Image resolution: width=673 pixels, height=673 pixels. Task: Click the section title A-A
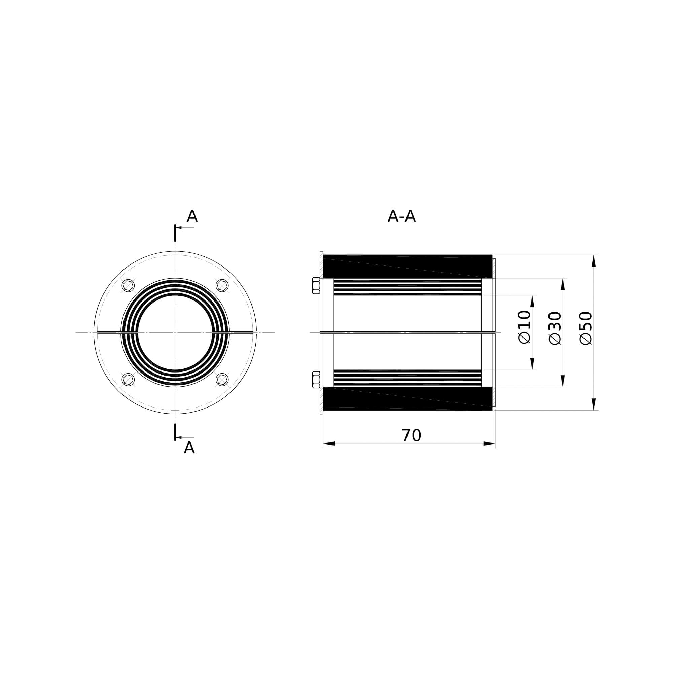click(x=401, y=216)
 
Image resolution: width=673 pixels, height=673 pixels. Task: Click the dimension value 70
click(x=411, y=435)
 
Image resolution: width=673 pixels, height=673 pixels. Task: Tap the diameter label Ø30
click(x=555, y=328)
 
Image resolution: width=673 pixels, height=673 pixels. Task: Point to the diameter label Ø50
click(x=586, y=328)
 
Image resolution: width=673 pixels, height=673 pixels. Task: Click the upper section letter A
click(x=192, y=216)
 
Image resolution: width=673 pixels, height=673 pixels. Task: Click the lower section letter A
click(x=189, y=448)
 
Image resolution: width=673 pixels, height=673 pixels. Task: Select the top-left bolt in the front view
click(x=128, y=285)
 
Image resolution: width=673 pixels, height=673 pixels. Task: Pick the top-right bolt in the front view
click(x=222, y=285)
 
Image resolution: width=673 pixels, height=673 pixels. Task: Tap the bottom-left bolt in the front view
click(x=128, y=379)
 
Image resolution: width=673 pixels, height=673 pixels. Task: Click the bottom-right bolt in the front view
click(x=222, y=379)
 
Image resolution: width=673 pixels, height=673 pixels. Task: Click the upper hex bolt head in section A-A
click(x=316, y=285)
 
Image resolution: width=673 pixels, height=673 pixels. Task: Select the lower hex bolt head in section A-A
click(x=316, y=379)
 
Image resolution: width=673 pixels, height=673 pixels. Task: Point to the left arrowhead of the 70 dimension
click(x=329, y=444)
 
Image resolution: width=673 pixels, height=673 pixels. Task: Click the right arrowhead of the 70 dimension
click(x=489, y=444)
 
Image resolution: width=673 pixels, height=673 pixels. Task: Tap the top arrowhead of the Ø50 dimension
click(x=594, y=261)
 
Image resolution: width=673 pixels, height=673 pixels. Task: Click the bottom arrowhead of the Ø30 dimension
click(x=563, y=381)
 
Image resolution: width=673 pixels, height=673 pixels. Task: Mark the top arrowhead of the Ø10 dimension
click(x=532, y=301)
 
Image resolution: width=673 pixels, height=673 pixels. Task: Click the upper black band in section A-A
click(x=408, y=267)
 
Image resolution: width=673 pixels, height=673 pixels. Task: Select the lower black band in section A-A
click(x=408, y=398)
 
